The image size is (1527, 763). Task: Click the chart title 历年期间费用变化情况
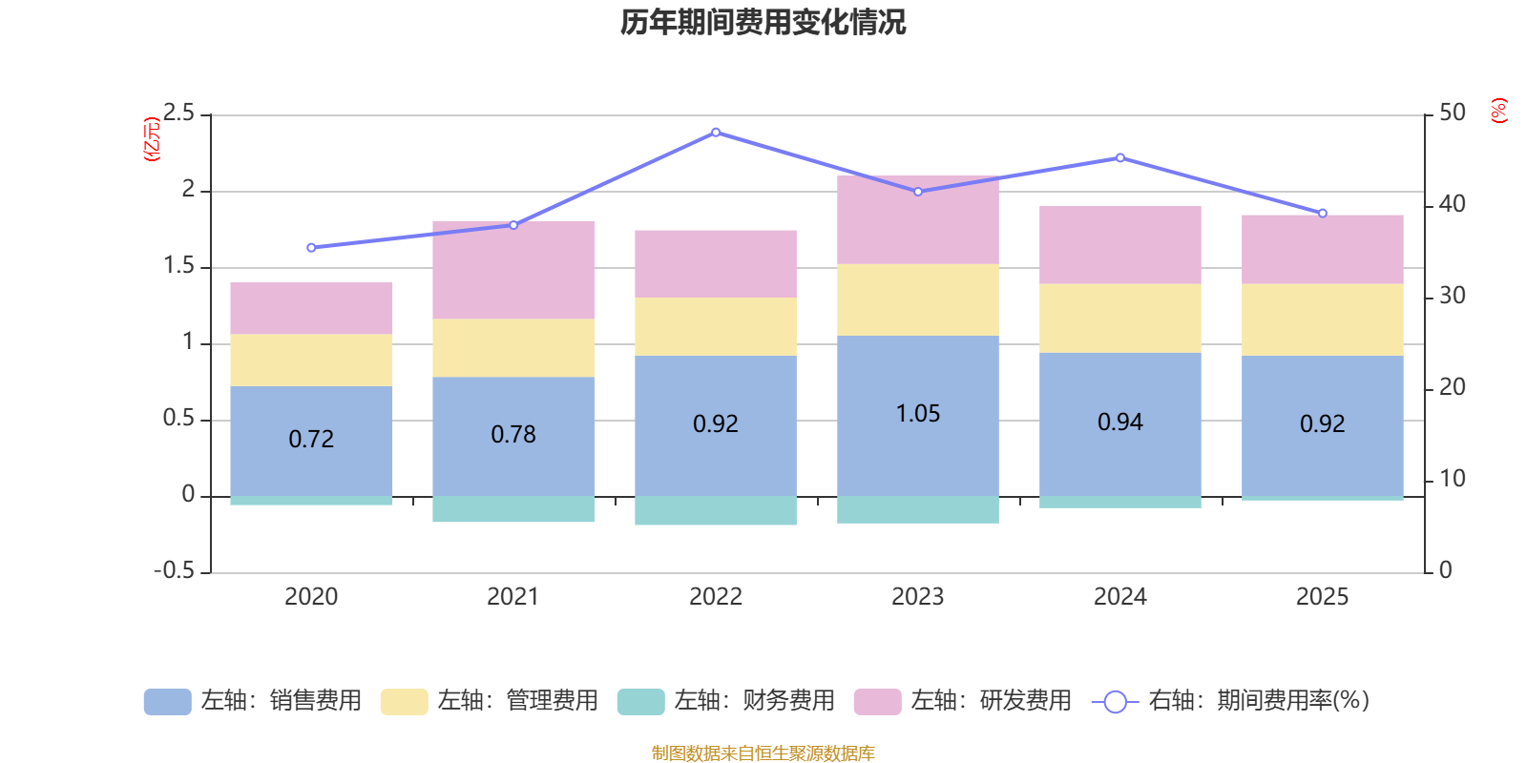[763, 22]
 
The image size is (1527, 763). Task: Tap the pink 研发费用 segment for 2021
[513, 270]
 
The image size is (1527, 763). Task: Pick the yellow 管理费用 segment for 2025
[1322, 320]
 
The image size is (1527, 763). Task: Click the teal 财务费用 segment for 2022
[716, 510]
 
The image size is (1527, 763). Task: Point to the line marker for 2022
[716, 133]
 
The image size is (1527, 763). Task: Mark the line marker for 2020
[311, 248]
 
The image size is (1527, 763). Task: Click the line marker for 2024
[1119, 158]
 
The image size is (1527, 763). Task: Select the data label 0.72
[311, 439]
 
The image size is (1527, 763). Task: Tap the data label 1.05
[917, 413]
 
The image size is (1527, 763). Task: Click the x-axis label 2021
[513, 597]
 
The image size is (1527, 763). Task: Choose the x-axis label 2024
[1119, 597]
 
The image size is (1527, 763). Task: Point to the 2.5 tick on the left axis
[178, 113]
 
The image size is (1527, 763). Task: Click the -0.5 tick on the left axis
[174, 570]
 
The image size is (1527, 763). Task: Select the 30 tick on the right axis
[1452, 296]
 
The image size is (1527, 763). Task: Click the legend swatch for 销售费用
[167, 702]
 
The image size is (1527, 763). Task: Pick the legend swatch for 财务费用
[640, 702]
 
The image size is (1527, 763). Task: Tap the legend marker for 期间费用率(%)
[1115, 702]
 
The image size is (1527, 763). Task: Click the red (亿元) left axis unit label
[151, 139]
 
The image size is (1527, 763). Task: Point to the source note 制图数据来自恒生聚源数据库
[763, 753]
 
